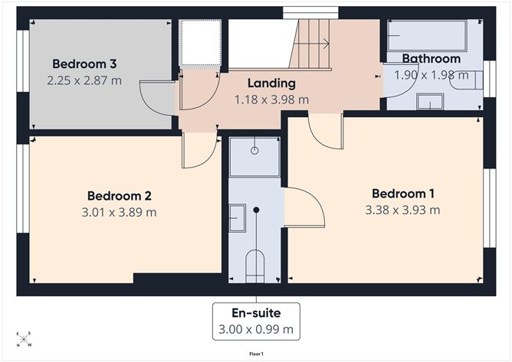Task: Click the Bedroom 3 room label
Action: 84,64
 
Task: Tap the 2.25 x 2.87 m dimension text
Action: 84,80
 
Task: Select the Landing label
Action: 271,83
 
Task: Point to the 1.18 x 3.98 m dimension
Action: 271,99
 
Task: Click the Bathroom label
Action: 432,59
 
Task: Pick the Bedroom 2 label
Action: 119,196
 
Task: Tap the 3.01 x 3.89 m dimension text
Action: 119,212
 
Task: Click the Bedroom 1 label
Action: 403,194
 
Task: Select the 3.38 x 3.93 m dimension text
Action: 402,210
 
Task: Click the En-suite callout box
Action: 256,321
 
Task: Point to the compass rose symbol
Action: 24,339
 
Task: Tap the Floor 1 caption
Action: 256,354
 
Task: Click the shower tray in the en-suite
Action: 254,157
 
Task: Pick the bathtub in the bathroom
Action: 427,35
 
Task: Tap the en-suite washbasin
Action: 237,218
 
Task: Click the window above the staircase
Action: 310,13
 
